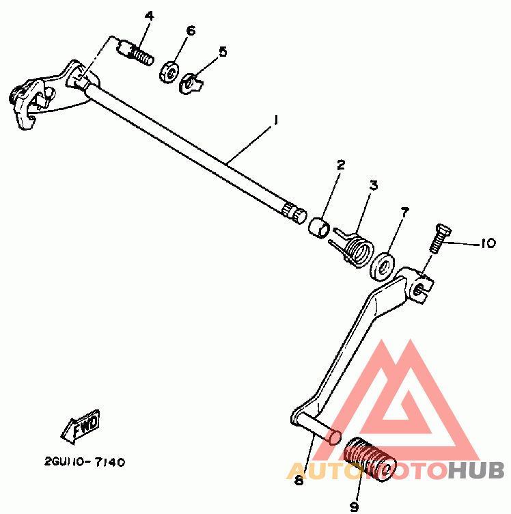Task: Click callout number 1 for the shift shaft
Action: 276,120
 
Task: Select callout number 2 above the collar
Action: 341,165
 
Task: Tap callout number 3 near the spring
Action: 374,185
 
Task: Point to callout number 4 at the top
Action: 149,16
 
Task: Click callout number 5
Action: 223,51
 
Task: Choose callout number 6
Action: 191,31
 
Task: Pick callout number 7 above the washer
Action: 405,212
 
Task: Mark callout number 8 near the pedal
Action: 299,481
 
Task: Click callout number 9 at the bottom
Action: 355,506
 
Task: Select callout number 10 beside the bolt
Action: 488,243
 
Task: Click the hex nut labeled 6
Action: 169,72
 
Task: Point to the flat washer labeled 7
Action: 382,267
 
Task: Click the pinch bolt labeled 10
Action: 439,239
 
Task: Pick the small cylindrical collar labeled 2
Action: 319,227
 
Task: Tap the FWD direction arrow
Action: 80,427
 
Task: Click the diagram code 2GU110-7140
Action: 85,462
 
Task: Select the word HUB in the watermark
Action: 477,470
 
